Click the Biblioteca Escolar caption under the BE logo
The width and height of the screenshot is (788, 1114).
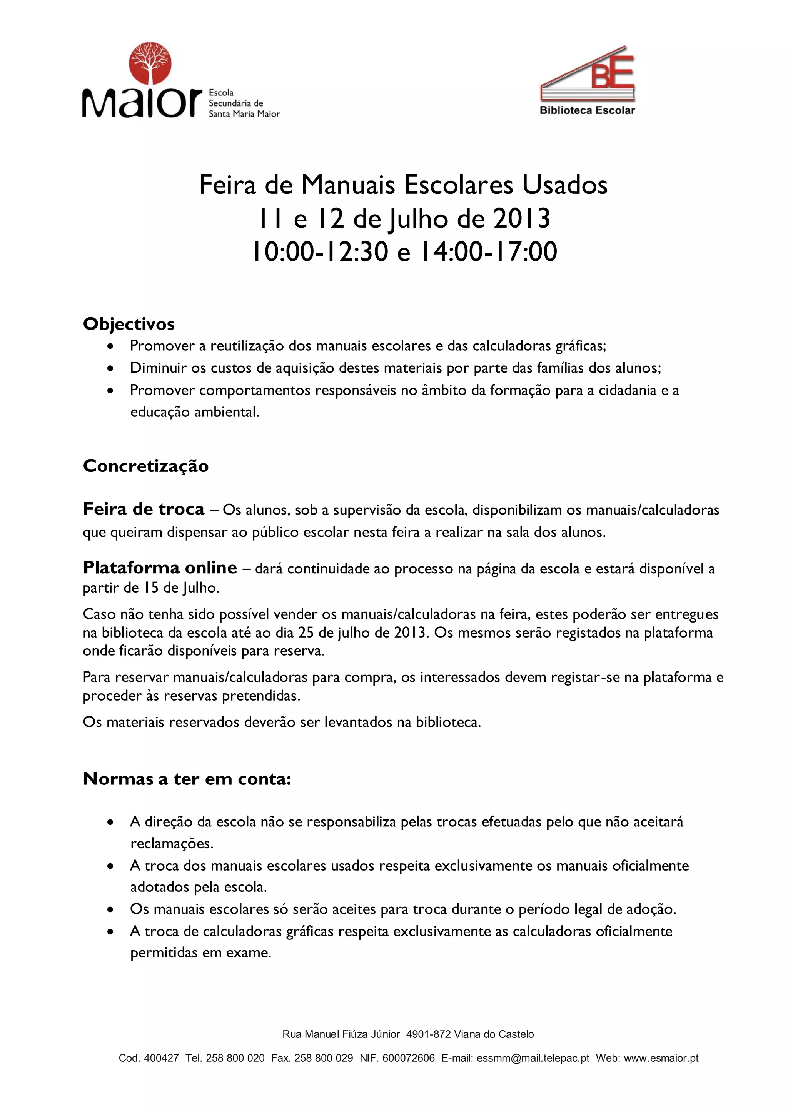(587, 111)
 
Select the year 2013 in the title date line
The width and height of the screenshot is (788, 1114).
(522, 218)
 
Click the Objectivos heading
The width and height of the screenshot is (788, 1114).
(129, 324)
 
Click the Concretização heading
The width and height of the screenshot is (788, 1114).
(146, 466)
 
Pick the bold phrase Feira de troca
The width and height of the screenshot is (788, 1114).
(144, 509)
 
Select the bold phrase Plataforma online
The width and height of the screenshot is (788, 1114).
(160, 567)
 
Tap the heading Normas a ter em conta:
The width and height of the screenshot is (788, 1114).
(187, 779)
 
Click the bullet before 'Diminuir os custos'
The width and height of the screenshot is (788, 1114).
(111, 368)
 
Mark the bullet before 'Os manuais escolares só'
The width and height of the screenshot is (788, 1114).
(111, 909)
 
